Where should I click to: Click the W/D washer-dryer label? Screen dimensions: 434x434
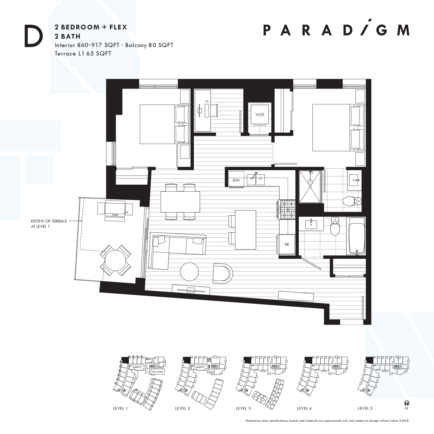260,115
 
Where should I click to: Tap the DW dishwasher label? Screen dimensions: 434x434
236,180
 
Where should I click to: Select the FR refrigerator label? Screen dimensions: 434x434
287,244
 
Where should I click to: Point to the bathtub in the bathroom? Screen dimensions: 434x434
357,236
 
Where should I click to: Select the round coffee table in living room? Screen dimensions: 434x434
189,272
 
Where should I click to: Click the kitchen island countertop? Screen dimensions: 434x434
245,230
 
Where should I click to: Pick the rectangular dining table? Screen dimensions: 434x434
180,202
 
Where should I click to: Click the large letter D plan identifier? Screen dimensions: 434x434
33,37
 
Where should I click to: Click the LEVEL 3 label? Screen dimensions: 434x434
243,408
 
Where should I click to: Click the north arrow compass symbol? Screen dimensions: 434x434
407,403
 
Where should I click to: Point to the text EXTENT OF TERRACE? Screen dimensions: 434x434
49,221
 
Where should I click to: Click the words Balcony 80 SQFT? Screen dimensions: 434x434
149,45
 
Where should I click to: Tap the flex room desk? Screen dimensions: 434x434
202,110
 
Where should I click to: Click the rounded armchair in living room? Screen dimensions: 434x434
223,273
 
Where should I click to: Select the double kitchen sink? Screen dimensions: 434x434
256,180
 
